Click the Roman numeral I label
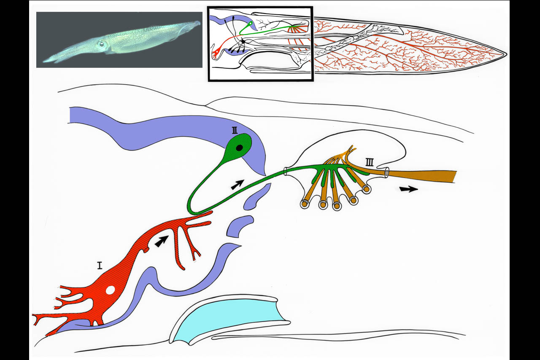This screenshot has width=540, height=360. coord(100,265)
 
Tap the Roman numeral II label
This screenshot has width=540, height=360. coord(235,130)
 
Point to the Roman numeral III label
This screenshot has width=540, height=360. coord(369,162)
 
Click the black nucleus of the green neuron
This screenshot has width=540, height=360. coord(239,148)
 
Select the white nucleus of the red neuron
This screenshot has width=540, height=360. coord(111,290)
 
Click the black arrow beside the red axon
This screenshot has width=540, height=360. coord(161,241)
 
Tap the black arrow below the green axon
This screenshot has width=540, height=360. coord(238,184)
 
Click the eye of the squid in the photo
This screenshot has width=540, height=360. coord(102,44)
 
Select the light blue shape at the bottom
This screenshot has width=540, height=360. coord(229,318)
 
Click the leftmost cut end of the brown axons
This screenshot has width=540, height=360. coord(305,204)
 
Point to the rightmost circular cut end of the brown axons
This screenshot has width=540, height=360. coord(366,189)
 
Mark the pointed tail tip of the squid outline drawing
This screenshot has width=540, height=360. coord(506,54)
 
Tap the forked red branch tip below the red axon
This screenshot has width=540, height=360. coord(196,255)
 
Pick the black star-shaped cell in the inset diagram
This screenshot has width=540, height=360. coord(243,42)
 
